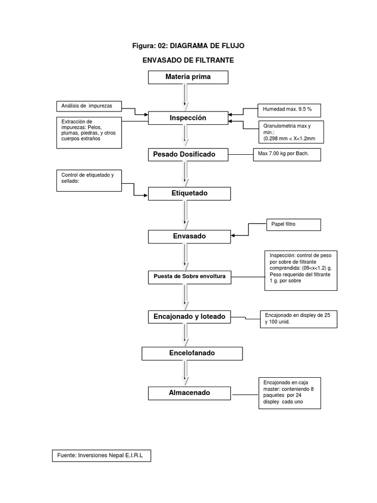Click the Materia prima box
coord(188,77)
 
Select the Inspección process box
coord(188,118)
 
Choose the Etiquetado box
coord(189,194)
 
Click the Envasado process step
coord(189,236)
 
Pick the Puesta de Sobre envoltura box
coord(189,277)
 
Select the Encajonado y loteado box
coord(189,317)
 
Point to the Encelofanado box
coord(192,353)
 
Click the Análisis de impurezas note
coord(89,106)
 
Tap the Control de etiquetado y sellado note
coord(89,180)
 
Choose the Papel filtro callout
coord(293,224)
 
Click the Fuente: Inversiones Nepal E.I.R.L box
coord(101,456)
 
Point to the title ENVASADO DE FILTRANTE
coord(188,60)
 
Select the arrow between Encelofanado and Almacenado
coord(185,373)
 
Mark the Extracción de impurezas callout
coord(89,132)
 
